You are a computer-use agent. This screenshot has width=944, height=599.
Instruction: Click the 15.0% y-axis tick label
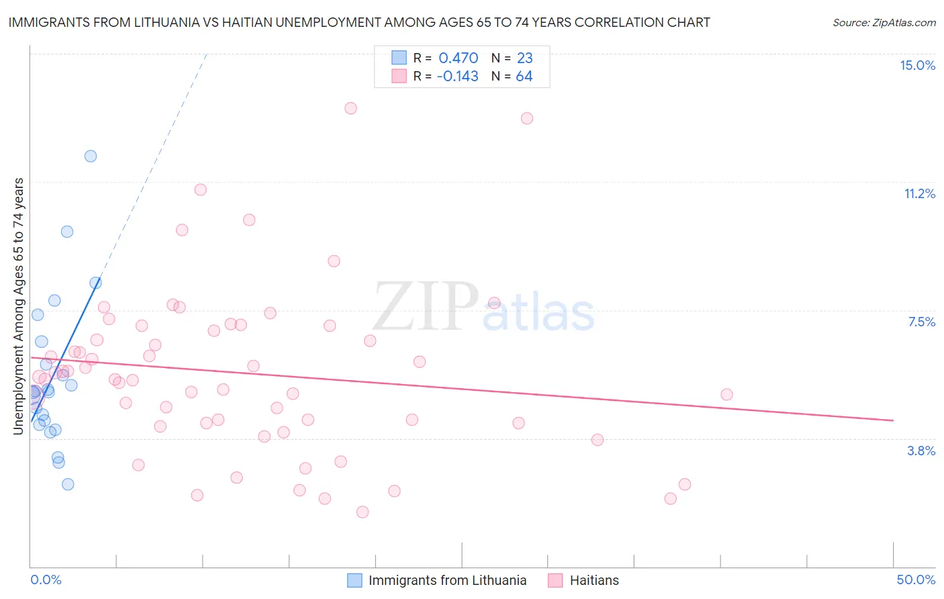[917, 65]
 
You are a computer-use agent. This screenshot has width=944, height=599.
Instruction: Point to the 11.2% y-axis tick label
[919, 193]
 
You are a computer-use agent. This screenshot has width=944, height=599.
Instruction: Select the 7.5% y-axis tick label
[921, 322]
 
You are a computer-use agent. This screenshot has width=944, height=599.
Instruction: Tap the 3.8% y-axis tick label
[921, 451]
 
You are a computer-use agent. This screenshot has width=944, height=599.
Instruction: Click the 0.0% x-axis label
[46, 580]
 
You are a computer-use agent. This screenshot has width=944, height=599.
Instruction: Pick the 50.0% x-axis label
[916, 580]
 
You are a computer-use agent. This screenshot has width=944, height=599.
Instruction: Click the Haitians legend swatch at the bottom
[555, 580]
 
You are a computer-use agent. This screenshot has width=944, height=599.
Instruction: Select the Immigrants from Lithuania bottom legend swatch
[355, 580]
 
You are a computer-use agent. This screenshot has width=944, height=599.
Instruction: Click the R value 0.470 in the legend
[458, 58]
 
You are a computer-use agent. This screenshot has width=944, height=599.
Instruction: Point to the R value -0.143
[457, 77]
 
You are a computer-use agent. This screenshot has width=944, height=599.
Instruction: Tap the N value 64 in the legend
[524, 77]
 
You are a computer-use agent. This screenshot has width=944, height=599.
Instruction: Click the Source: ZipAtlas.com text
[884, 23]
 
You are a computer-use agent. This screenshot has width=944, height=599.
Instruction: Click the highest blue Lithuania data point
[91, 156]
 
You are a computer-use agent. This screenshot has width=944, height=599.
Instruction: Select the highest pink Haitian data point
[350, 108]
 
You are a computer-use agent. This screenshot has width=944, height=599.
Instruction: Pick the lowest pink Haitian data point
[363, 512]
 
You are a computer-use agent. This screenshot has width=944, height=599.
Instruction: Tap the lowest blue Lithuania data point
[68, 484]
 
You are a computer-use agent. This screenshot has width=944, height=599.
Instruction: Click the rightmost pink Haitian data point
[726, 394]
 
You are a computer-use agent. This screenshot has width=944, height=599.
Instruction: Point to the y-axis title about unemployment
[19, 306]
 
